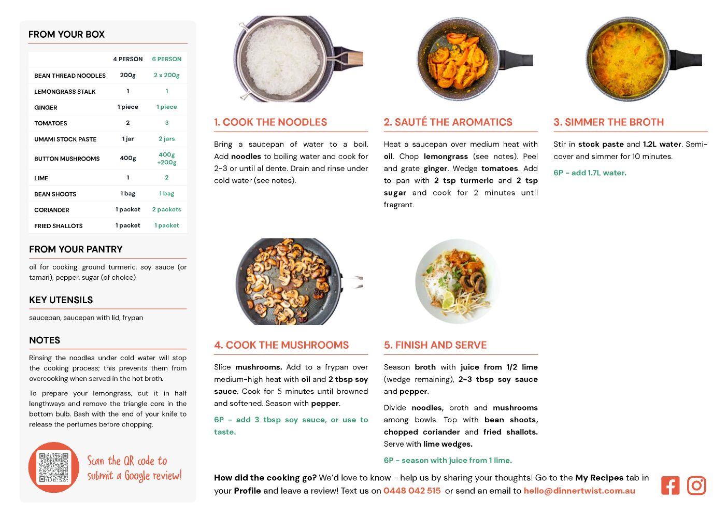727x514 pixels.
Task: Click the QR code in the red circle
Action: point(53,467)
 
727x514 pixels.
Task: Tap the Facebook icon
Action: point(670,486)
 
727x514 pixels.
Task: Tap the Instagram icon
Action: point(696,486)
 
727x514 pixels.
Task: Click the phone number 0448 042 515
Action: point(412,491)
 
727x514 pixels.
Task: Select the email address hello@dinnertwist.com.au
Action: point(579,491)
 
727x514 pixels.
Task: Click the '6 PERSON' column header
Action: point(167,59)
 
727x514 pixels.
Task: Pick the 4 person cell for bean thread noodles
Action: point(128,75)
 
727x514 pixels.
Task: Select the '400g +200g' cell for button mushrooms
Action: point(167,159)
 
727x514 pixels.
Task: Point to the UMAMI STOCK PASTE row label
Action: point(65,139)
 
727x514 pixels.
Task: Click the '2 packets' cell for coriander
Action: point(167,209)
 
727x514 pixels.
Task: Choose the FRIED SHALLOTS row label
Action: point(59,226)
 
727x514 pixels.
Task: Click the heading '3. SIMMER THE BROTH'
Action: point(608,122)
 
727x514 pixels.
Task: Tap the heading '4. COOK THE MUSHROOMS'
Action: point(281,345)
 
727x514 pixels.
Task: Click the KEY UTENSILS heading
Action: point(61,300)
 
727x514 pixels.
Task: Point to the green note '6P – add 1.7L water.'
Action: point(590,173)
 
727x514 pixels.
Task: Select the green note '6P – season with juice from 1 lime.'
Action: point(448,460)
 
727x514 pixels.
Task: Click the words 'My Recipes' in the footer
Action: point(599,478)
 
